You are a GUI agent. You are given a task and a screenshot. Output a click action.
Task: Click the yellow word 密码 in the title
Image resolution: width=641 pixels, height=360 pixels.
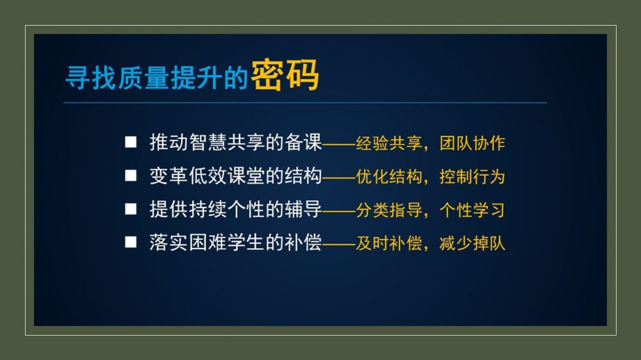[285, 75]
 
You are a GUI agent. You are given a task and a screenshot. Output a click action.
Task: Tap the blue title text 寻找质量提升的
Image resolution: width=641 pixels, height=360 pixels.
[157, 78]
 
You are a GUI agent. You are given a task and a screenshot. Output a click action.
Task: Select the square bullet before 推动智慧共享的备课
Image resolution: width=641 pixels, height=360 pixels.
[131, 142]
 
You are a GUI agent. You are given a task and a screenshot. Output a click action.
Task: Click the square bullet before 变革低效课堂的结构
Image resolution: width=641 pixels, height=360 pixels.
[131, 176]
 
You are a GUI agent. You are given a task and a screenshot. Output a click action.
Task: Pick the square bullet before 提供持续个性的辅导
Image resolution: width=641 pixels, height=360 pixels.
[131, 209]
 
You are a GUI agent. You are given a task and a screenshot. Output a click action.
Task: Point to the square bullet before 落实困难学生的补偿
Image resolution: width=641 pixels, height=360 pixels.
[131, 242]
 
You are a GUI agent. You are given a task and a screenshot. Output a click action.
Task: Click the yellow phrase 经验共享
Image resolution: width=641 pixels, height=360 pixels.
[389, 143]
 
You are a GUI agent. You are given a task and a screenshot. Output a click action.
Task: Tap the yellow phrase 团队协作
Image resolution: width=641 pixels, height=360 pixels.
[472, 143]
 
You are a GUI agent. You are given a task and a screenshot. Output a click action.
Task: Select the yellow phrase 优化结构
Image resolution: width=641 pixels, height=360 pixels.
[389, 177]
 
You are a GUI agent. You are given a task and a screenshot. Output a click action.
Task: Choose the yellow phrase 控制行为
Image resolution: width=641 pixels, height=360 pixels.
[472, 177]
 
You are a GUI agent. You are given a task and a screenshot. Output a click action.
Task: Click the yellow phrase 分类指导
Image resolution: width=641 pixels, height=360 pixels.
[389, 210]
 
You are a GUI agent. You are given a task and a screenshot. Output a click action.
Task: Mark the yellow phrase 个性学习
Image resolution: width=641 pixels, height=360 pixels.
[472, 210]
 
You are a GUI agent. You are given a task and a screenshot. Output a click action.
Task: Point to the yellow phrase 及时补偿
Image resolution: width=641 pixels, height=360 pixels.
[389, 243]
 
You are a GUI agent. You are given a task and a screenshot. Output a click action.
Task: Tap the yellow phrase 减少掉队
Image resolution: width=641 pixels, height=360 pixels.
[472, 243]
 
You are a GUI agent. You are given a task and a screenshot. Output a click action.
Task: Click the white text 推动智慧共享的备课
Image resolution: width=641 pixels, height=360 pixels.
[236, 142]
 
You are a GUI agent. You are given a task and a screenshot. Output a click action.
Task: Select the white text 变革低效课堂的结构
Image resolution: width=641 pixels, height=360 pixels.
[236, 176]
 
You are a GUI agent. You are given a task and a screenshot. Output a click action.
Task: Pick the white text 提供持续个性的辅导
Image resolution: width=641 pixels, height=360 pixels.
[236, 209]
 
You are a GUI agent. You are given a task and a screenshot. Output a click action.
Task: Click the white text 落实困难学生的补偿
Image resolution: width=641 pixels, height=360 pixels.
[236, 242]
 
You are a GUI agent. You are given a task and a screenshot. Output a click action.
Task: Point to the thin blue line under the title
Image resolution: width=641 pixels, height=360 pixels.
[305, 102]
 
